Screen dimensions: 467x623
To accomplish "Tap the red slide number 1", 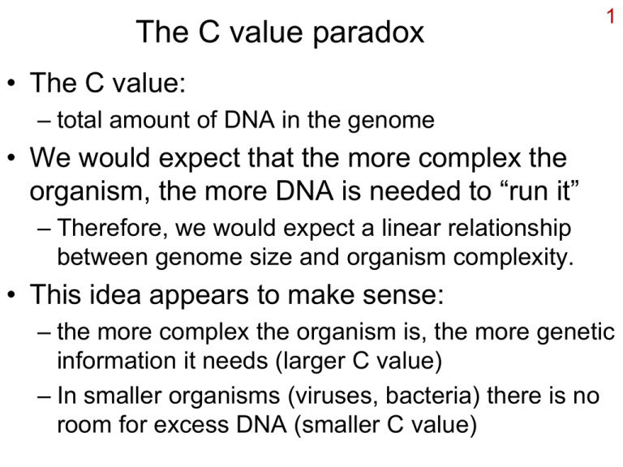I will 601,16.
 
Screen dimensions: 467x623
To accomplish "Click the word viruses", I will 333,396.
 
